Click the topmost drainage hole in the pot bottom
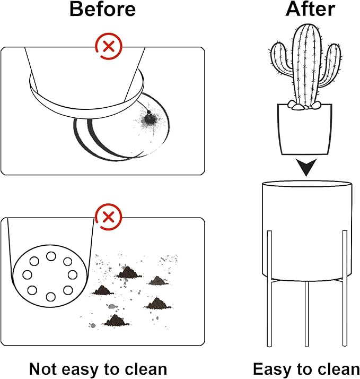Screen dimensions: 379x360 click(51, 256)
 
